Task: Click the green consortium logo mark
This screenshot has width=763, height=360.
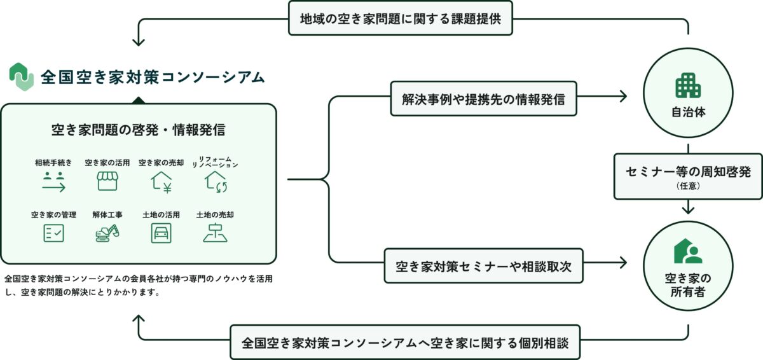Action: [x=21, y=76]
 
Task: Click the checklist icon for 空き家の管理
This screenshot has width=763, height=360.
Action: [x=53, y=233]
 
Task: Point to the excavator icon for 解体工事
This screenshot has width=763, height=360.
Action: [x=107, y=233]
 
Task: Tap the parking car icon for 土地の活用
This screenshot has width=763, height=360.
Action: [x=161, y=233]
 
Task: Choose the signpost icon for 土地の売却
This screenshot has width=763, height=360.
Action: [x=215, y=233]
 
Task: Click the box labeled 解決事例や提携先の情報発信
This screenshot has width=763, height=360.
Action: [x=483, y=98]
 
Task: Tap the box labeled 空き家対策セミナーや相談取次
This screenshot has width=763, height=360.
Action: [x=483, y=265]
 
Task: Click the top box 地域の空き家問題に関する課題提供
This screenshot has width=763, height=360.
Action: [x=401, y=18]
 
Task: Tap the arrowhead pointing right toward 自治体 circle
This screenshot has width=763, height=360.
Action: [x=622, y=97]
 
